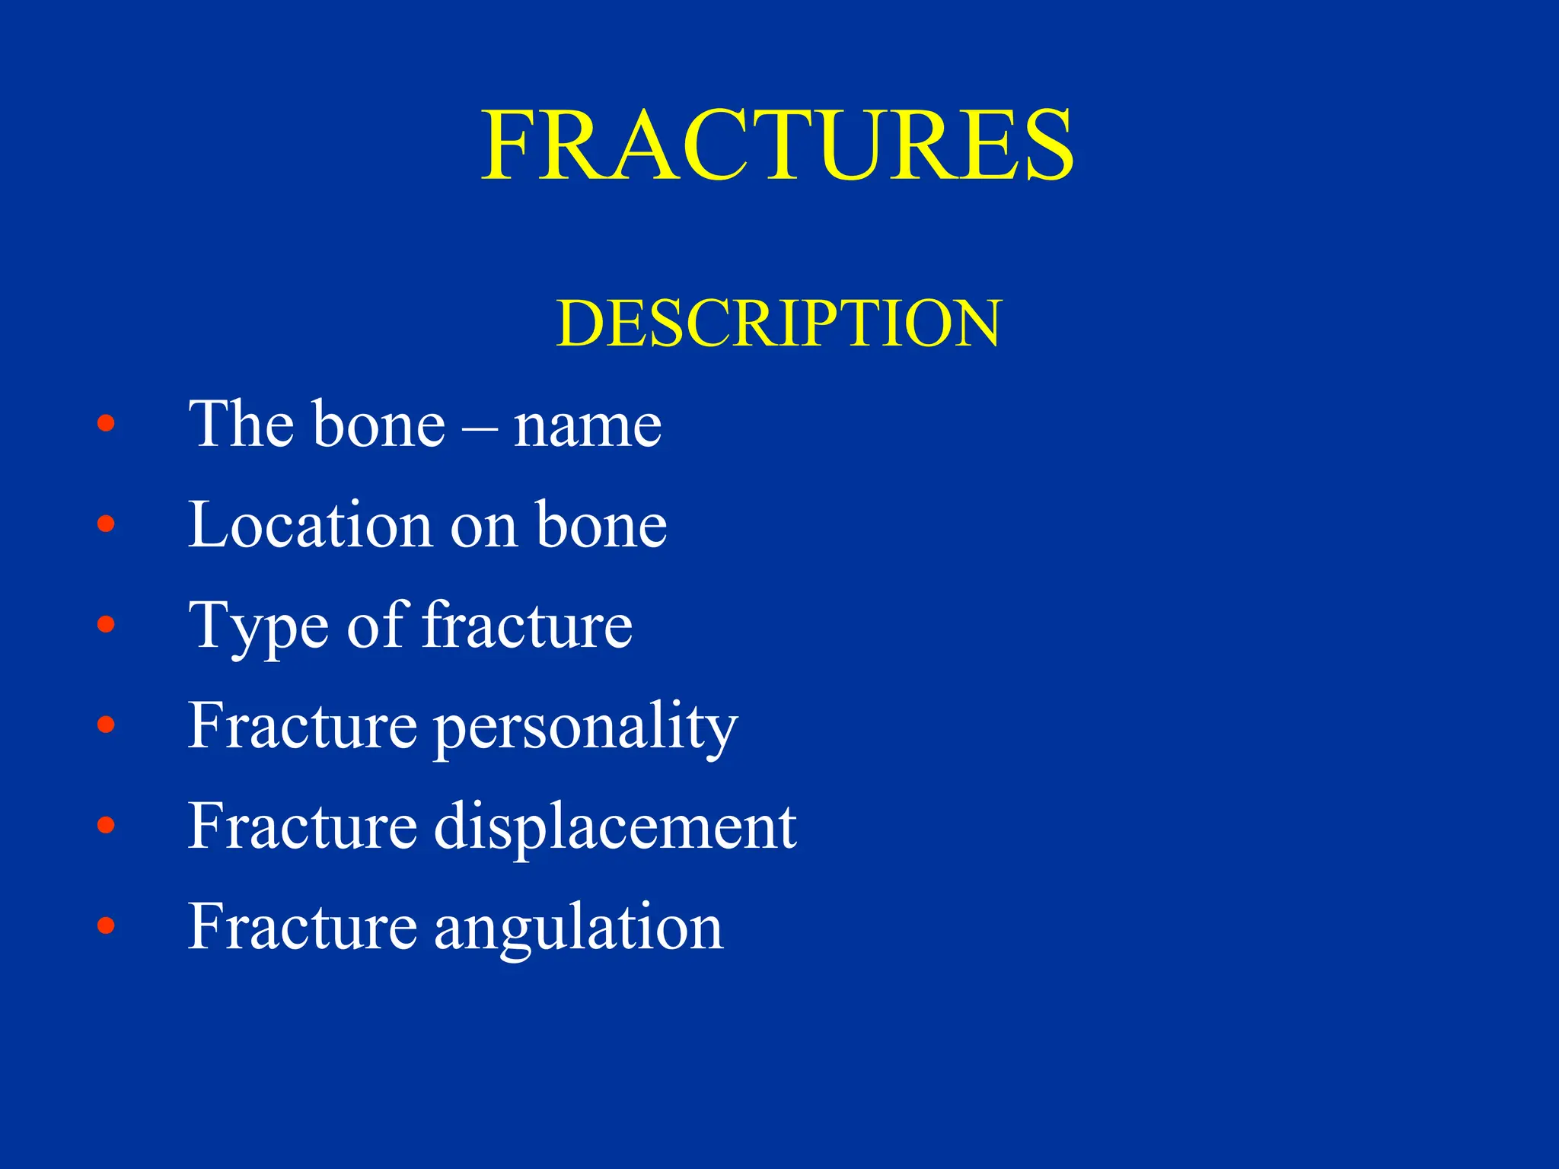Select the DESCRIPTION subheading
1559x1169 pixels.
click(778, 323)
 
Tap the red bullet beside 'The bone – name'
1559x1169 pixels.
click(106, 423)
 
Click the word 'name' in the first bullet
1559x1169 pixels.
click(587, 426)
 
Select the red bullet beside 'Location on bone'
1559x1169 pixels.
click(106, 524)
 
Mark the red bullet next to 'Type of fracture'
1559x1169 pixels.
click(106, 624)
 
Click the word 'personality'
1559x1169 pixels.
click(585, 728)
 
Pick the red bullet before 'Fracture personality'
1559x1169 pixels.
click(106, 725)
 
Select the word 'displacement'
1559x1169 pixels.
click(615, 827)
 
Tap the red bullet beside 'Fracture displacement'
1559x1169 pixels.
click(106, 825)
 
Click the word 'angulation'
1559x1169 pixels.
click(579, 929)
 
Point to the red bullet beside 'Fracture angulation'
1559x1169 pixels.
click(106, 925)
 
